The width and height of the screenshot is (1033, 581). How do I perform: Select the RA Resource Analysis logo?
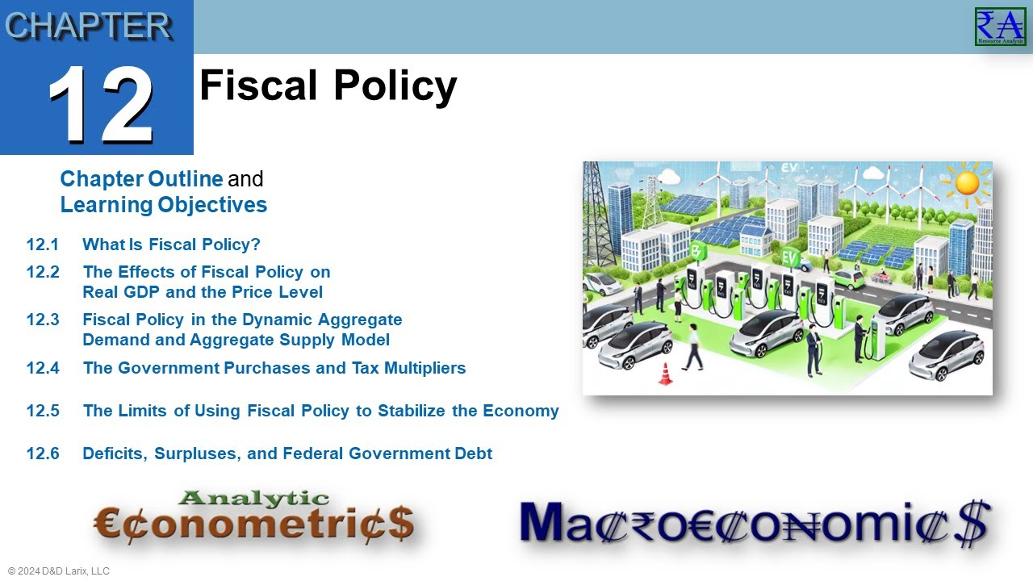point(1000,26)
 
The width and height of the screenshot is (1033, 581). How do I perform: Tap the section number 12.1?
point(43,245)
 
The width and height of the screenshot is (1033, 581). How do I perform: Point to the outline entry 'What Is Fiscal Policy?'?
point(172,245)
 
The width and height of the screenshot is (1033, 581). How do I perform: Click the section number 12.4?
point(43,368)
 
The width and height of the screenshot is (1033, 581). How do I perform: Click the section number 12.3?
point(43,320)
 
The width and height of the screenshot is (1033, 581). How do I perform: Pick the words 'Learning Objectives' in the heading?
point(164,205)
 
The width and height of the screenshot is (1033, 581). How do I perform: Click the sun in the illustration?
point(965,182)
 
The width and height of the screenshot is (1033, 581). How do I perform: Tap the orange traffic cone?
point(666,374)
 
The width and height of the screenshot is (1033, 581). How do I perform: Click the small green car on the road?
point(848,278)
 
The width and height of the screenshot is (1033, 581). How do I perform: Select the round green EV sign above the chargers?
point(789,258)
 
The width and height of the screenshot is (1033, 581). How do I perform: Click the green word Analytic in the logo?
point(253,499)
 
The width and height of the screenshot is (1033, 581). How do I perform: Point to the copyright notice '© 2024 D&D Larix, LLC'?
point(59,571)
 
